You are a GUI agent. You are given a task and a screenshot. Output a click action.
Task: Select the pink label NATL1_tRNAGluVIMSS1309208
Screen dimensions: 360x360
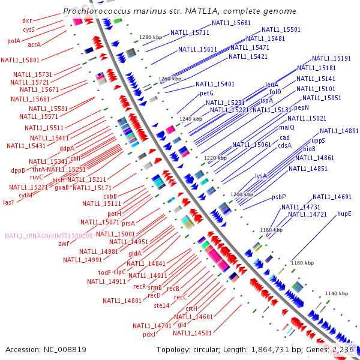pyautogui.click(x=49, y=236)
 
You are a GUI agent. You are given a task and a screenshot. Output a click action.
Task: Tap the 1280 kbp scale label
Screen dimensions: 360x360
pyautogui.click(x=151, y=37)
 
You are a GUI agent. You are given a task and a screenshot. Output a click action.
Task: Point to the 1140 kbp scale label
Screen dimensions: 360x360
pyautogui.click(x=336, y=293)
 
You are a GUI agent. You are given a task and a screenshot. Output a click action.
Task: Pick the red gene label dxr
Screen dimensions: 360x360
pyautogui.click(x=27, y=20)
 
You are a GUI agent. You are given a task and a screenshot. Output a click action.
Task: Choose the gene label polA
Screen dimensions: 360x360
pyautogui.click(x=14, y=41)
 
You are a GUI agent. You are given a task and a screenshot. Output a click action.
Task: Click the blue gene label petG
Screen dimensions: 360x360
pyautogui.click(x=206, y=94)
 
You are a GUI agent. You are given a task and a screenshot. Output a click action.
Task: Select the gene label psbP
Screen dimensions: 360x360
pyautogui.click(x=279, y=197)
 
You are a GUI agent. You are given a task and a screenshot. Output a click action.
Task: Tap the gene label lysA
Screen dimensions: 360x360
pyautogui.click(x=260, y=176)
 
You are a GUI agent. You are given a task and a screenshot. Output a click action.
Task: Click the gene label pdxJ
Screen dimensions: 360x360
pyautogui.click(x=149, y=334)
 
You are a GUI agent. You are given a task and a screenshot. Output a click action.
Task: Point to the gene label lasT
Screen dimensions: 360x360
pyautogui.click(x=9, y=203)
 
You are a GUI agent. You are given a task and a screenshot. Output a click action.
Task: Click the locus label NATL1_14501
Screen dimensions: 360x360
pyautogui.click(x=192, y=333)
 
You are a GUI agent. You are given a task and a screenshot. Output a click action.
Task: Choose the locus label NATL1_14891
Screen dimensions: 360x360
pyautogui.click(x=339, y=131)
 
